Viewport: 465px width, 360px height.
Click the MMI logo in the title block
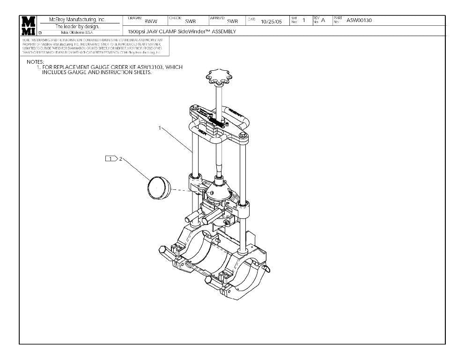pyautogui.click(x=28, y=25)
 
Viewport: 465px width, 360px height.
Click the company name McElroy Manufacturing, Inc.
pyautogui.click(x=78, y=20)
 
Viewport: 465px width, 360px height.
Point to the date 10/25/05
pyautogui.click(x=272, y=22)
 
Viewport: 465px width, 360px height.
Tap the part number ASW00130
pyautogui.click(x=359, y=20)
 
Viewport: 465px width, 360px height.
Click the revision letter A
pyautogui.click(x=323, y=20)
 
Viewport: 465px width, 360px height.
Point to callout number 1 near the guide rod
pyautogui.click(x=160, y=128)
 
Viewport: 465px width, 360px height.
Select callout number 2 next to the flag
pyautogui.click(x=120, y=159)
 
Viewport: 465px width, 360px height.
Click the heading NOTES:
pyautogui.click(x=35, y=62)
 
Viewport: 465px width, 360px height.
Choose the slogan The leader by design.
pyautogui.click(x=78, y=27)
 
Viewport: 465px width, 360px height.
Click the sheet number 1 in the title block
pyautogui.click(x=304, y=20)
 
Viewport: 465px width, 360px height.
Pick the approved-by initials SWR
pyautogui.click(x=232, y=22)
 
